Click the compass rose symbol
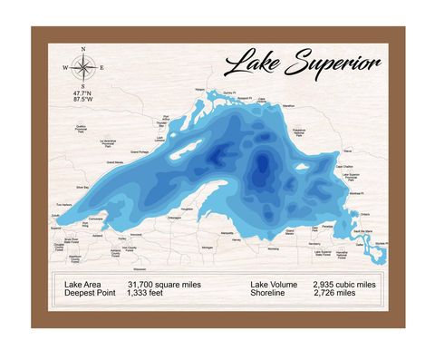[82, 66]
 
